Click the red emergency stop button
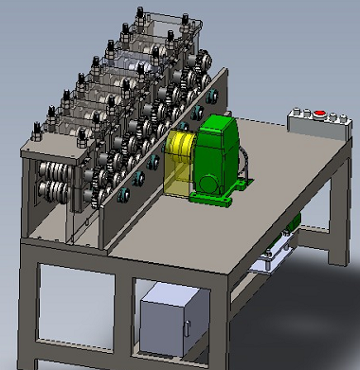320,115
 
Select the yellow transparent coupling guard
178,161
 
